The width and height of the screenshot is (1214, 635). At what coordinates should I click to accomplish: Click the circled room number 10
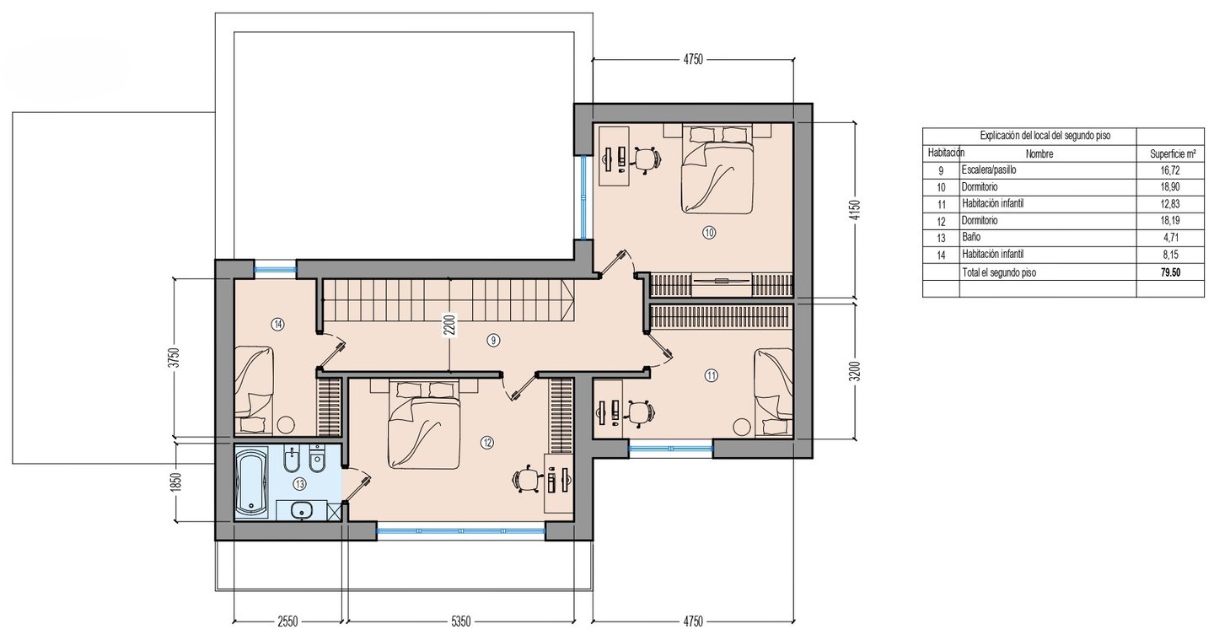click(x=709, y=233)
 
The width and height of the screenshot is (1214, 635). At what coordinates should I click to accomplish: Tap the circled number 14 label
click(x=278, y=325)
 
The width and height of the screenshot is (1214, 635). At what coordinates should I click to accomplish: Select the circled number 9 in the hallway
click(x=493, y=341)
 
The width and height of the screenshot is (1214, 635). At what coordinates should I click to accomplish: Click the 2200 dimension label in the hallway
click(x=449, y=326)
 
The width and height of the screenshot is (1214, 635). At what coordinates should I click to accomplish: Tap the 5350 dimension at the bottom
click(x=460, y=621)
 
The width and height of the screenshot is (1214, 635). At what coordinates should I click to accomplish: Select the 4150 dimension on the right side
click(x=855, y=210)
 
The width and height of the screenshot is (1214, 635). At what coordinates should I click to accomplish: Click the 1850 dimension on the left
click(x=175, y=482)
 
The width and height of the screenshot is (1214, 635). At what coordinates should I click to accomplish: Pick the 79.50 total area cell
click(x=1170, y=272)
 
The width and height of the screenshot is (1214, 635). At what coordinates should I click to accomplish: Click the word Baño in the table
click(x=971, y=237)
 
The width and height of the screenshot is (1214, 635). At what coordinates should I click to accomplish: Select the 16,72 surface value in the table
click(x=1170, y=170)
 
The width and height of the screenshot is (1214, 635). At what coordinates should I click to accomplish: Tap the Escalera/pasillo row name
click(x=989, y=170)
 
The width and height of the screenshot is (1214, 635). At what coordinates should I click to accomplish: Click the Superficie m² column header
click(x=1173, y=154)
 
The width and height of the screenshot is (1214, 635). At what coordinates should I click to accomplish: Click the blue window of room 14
click(x=276, y=268)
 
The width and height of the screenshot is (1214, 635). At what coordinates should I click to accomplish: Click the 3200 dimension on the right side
click(x=855, y=371)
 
